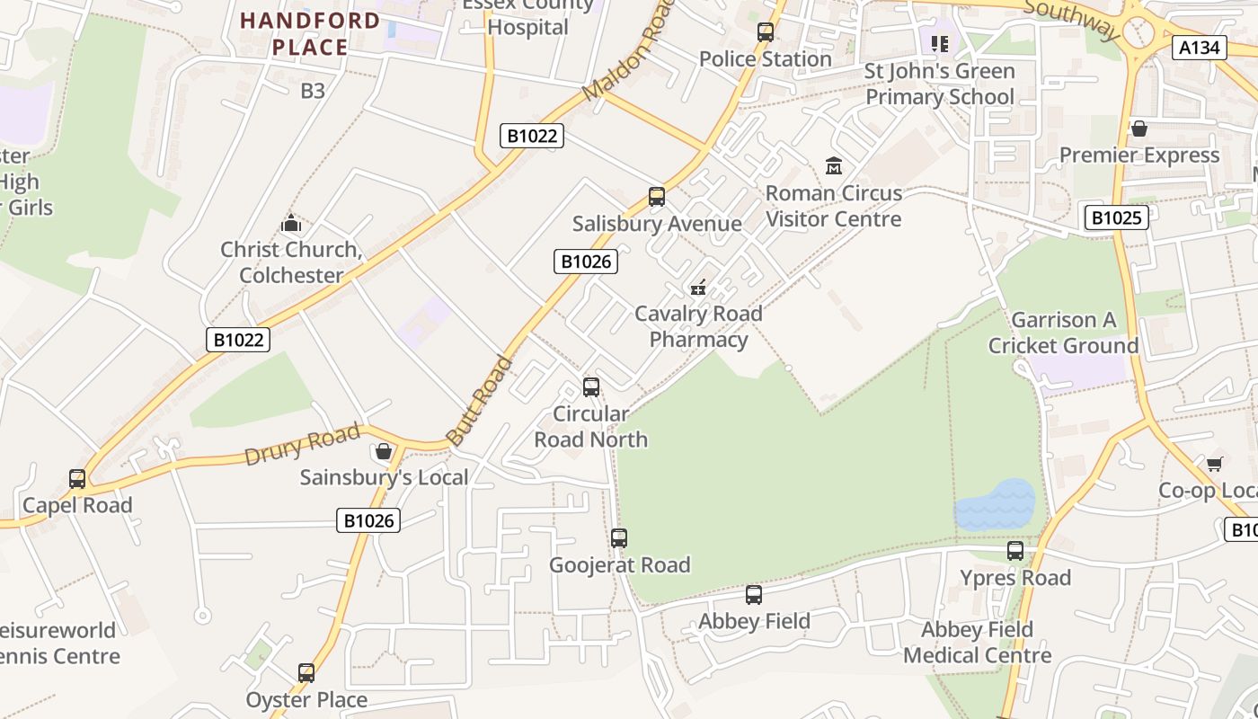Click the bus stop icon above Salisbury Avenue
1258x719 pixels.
(x=657, y=197)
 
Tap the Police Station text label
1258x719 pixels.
(x=765, y=59)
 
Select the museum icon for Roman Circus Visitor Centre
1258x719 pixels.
(x=834, y=166)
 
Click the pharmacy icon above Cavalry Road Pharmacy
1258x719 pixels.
(x=698, y=288)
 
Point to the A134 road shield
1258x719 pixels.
(x=1200, y=48)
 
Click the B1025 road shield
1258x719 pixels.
(x=1116, y=217)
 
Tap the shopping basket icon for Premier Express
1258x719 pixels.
(x=1139, y=129)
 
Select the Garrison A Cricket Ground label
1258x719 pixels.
(x=1063, y=333)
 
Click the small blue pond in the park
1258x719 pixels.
(x=995, y=505)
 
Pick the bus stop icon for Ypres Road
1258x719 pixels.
(x=1015, y=551)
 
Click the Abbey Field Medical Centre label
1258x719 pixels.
(x=977, y=643)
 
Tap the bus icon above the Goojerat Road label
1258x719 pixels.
(x=619, y=538)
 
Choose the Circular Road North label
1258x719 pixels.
(x=590, y=427)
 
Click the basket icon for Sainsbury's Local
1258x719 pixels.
(x=384, y=450)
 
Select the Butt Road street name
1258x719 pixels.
(x=480, y=402)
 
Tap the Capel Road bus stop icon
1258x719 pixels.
(x=77, y=479)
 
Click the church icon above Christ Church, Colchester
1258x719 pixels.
(x=291, y=223)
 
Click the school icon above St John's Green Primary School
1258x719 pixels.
(x=940, y=43)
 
